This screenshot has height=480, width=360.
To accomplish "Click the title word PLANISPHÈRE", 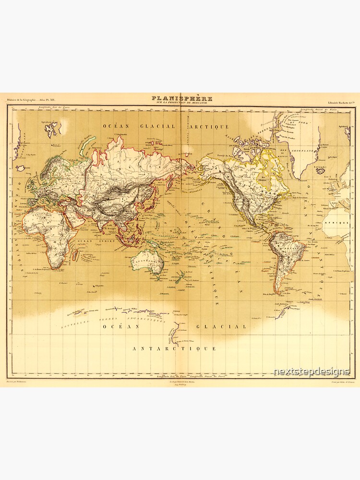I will coord(181,99).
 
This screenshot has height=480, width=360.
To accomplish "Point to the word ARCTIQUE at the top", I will coord(211,127).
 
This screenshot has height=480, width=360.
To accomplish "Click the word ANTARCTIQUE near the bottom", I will coord(174,348).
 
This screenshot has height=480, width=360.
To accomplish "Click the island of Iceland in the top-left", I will coord(21,168).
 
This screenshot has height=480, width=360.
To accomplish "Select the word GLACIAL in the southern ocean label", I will coord(221,326).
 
